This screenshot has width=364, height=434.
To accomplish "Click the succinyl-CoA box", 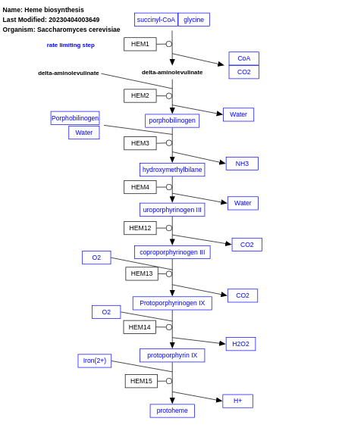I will point(155,20).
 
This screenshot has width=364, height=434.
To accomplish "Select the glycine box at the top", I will point(193,20).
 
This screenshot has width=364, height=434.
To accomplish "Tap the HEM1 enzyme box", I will point(140,44).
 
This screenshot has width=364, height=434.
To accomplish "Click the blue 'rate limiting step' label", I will point(71,45).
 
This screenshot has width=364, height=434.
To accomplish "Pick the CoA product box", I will point(243,58).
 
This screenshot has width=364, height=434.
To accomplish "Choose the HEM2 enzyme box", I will point(140,95).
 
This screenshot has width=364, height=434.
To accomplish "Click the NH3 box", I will point(242,164).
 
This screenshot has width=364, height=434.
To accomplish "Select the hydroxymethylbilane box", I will point(172,170).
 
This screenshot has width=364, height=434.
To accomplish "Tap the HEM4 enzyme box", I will point(140,187).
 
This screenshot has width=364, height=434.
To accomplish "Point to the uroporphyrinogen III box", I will point(172,210).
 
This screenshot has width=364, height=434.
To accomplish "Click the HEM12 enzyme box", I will point(140,228).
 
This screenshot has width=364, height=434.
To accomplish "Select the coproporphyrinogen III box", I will point(172,252).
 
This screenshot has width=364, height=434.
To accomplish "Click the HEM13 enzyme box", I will point(142,273).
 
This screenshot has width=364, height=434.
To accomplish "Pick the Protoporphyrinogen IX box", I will point(172,303).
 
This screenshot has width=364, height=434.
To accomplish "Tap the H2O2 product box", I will point(240,344).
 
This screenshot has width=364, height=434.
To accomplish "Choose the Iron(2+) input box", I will point(95,361).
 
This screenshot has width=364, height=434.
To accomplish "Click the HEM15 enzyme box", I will point(141,381).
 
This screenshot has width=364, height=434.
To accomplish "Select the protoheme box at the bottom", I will point(172,411).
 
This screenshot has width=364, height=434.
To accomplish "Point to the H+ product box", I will point(237,401).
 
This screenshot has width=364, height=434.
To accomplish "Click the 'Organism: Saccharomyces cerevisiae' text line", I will point(61,30).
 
